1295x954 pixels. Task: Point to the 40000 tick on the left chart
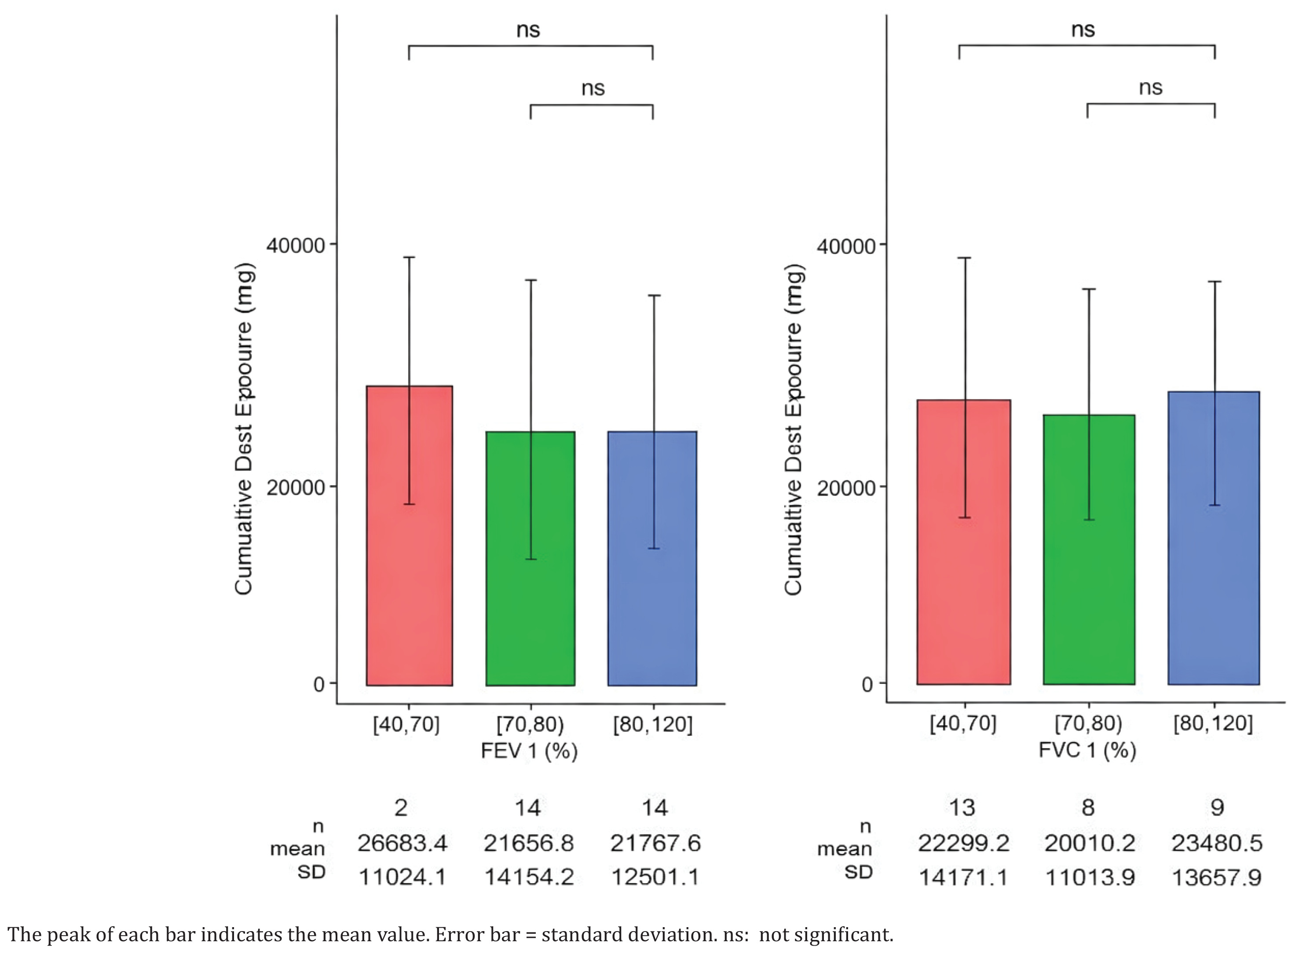click(296, 245)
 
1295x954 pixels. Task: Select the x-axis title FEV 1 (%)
click(530, 751)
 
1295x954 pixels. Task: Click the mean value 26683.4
click(402, 844)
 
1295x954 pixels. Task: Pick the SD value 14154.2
click(529, 877)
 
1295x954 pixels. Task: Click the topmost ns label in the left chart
click(528, 29)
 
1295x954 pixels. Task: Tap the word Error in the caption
click(457, 934)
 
